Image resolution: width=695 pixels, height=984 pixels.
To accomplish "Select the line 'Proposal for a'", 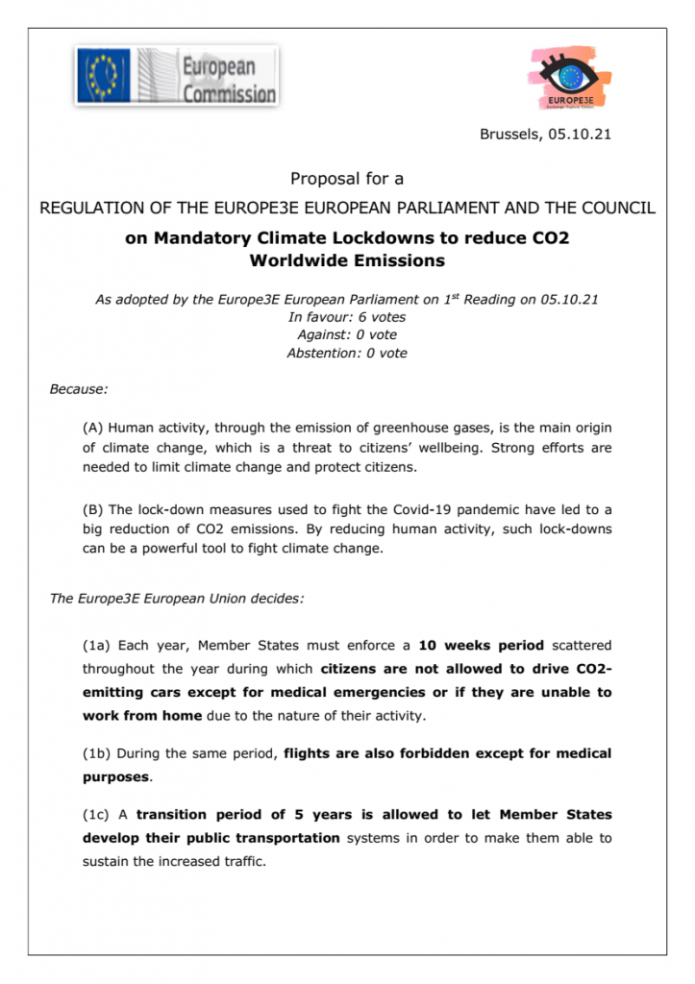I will [x=347, y=179].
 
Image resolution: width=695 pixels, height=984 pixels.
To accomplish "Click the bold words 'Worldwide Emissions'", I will [x=347, y=260].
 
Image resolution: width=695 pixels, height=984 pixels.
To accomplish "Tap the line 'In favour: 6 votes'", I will [x=347, y=317].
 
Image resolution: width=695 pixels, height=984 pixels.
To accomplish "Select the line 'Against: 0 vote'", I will [x=347, y=334].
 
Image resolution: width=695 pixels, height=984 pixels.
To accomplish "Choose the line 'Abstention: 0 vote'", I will [x=347, y=353].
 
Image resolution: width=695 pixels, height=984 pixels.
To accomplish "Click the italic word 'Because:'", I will [x=79, y=389].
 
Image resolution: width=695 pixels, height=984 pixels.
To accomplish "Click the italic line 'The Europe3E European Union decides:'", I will [x=177, y=599].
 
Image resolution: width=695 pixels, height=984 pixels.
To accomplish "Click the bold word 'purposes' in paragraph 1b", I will [x=115, y=776].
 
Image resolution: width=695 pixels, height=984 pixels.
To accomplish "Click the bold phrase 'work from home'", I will [x=141, y=715].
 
